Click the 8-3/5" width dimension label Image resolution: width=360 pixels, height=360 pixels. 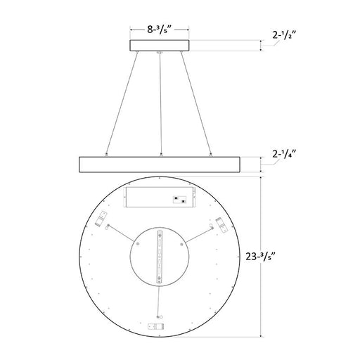coord(162,31)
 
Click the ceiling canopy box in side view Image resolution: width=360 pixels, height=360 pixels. coord(162,46)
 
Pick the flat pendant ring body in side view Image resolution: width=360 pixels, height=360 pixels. coord(161,164)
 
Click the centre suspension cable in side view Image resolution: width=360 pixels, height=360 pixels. coord(162,105)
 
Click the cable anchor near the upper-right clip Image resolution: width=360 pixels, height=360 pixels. coord(212,226)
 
